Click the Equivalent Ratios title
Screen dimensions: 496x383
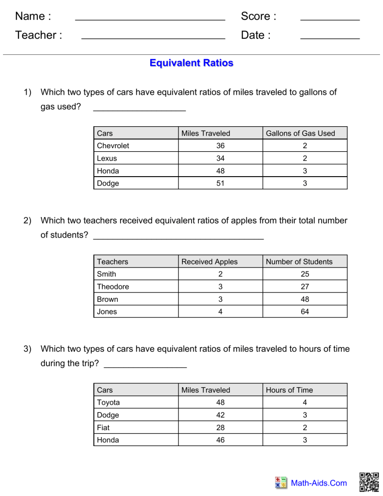[191, 63]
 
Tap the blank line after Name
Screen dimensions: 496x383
[150, 19]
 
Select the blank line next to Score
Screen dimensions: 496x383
[330, 19]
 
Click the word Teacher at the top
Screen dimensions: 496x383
[38, 35]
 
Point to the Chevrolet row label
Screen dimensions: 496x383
[113, 146]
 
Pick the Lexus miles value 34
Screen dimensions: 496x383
[220, 158]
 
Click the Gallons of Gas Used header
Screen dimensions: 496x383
[300, 133]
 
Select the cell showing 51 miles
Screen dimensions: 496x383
[220, 183]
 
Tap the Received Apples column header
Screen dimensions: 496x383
[209, 261]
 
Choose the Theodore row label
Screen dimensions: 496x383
[113, 287]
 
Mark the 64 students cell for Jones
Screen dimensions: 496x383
[305, 312]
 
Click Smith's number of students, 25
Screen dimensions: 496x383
[305, 274]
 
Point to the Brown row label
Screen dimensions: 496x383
[107, 299]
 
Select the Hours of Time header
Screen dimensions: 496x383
[289, 390]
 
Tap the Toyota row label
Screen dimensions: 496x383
[108, 402]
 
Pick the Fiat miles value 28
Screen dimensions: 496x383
[220, 428]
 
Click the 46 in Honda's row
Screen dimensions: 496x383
[220, 440]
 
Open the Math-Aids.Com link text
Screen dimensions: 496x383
[318, 483]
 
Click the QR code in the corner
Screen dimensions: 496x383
[369, 482]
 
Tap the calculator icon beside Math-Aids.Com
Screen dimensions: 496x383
[281, 483]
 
